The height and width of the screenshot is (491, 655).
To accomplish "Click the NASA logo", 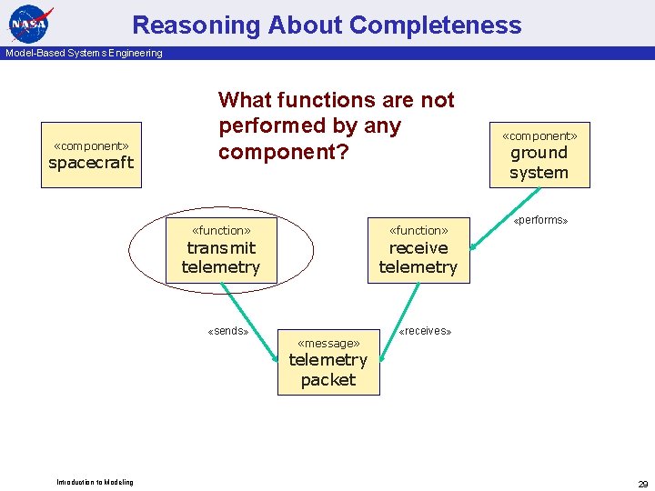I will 29,24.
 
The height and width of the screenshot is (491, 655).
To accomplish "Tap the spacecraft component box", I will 91,155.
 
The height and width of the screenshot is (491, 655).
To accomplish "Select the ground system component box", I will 539,155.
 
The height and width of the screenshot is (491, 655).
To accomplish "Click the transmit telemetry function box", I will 221,251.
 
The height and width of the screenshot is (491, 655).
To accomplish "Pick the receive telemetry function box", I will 418,251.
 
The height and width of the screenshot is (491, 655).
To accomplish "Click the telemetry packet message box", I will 328,362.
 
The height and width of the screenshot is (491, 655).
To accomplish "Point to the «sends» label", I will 228,331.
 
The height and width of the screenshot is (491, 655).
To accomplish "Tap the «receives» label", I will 425,331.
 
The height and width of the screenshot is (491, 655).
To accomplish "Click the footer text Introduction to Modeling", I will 95,482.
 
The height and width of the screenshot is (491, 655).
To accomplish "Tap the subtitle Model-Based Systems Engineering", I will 84,53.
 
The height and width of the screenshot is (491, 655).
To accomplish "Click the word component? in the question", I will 283,151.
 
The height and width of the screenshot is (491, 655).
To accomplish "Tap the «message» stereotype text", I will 328,343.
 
